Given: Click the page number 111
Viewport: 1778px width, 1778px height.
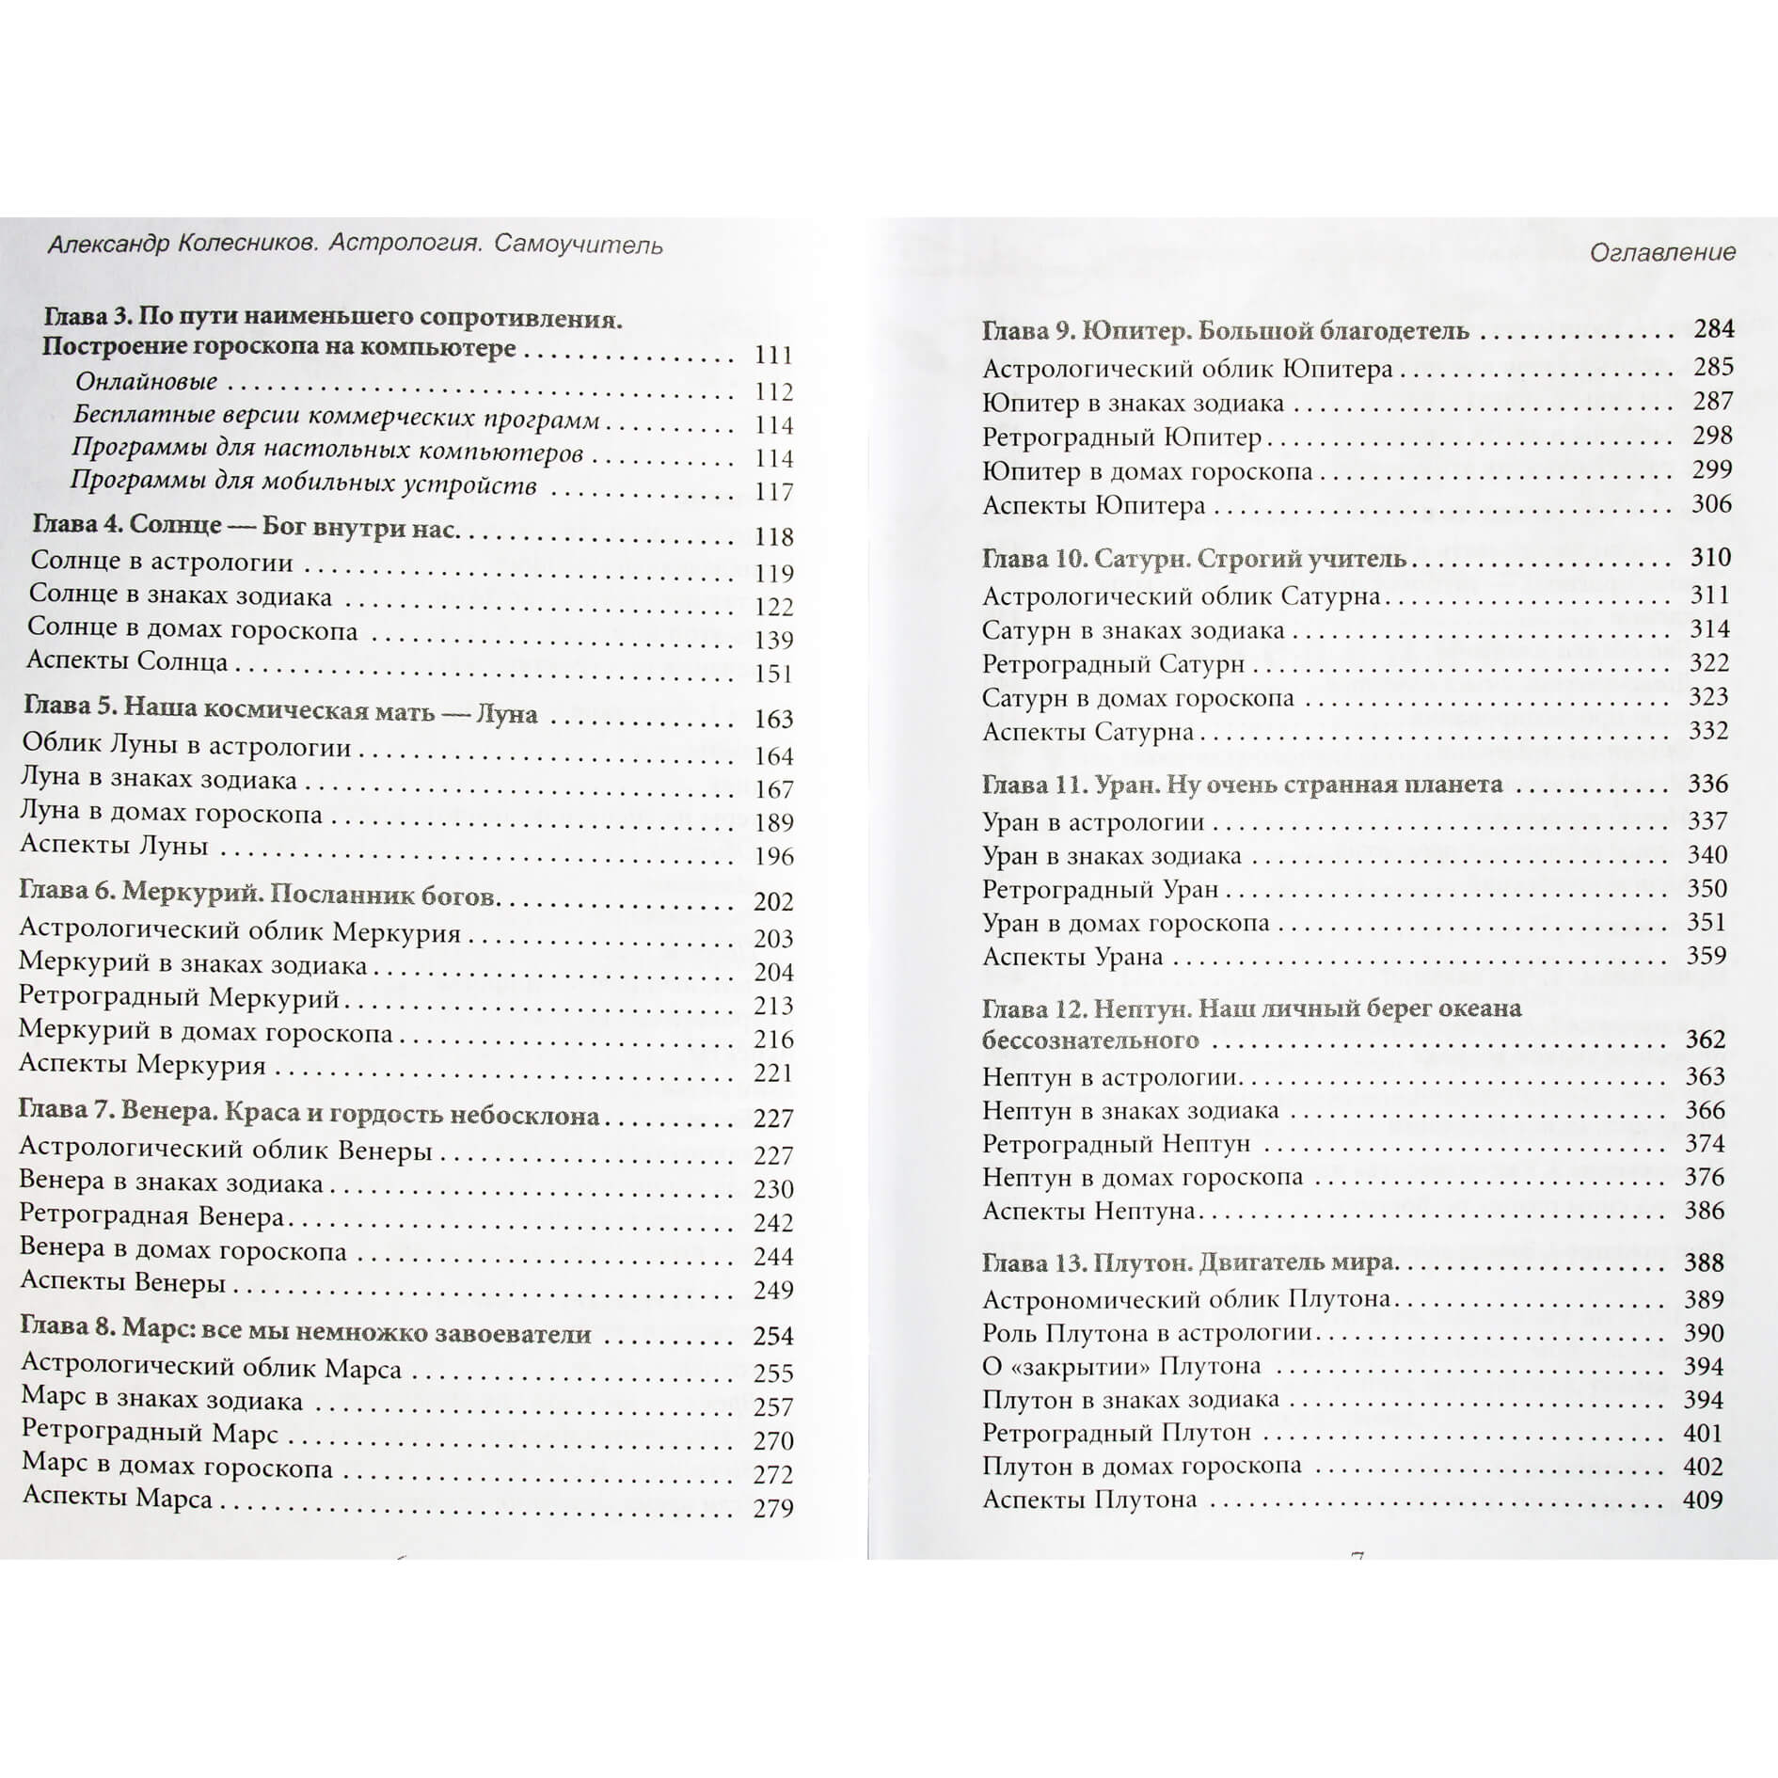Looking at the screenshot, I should click(x=773, y=356).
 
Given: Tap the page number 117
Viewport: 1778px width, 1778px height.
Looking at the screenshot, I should click(x=773, y=492).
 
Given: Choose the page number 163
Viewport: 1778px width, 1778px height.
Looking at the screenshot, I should click(x=773, y=720).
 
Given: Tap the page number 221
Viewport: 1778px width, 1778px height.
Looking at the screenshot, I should click(x=773, y=1073).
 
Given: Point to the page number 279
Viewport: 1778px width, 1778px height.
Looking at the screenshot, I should click(x=773, y=1509).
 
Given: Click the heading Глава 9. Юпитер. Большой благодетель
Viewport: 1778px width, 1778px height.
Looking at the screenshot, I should click(x=1225, y=331).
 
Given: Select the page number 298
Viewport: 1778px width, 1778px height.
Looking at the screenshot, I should click(x=1712, y=436).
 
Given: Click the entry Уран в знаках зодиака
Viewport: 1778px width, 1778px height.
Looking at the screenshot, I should click(x=1112, y=856).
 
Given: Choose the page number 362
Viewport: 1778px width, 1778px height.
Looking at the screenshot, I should click(x=1706, y=1040).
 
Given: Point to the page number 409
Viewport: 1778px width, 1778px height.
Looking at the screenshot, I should click(x=1703, y=1500).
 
